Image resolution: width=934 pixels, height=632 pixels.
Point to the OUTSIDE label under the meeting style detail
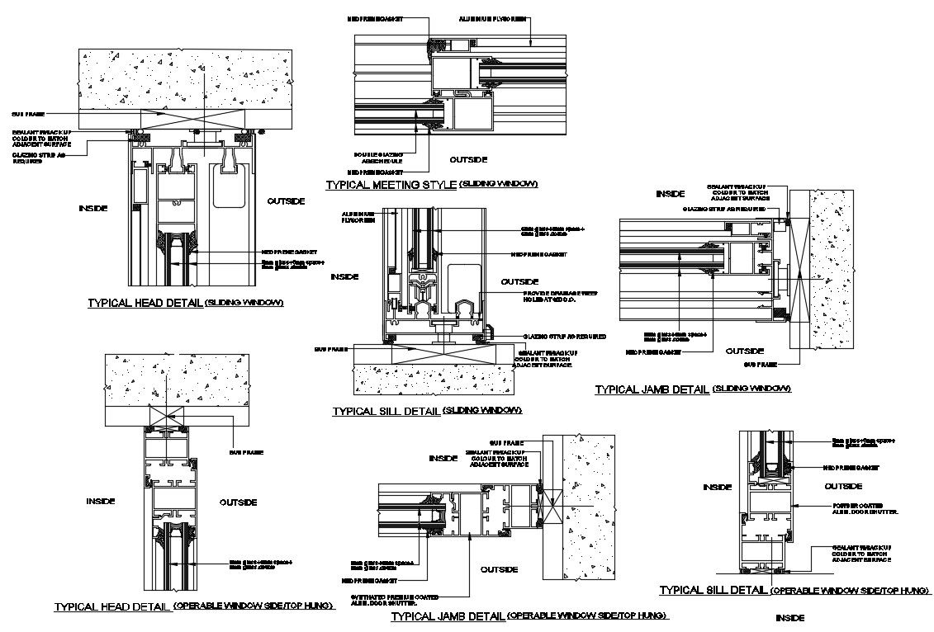click(x=468, y=159)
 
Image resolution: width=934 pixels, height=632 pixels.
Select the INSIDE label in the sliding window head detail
click(x=92, y=209)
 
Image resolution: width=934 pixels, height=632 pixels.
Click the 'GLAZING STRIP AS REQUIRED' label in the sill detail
click(x=565, y=337)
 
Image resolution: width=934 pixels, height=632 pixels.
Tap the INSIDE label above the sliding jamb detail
click(x=670, y=194)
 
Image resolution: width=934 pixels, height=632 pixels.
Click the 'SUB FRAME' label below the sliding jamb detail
click(x=761, y=364)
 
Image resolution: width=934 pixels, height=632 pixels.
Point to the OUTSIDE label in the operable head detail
click(x=238, y=502)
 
